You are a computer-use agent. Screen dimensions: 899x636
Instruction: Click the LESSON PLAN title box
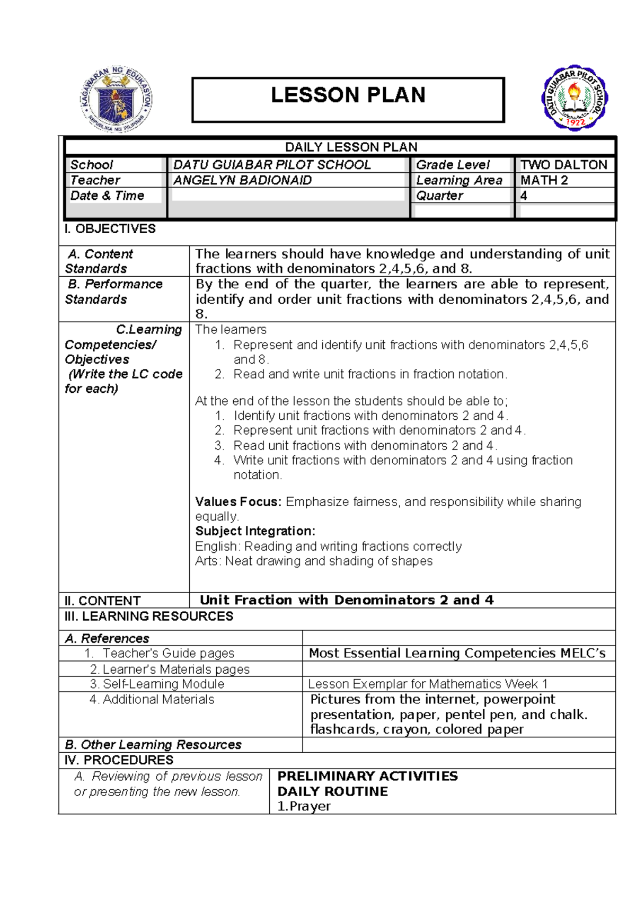[x=348, y=100]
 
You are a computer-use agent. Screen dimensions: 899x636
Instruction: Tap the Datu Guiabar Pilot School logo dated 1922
[x=575, y=99]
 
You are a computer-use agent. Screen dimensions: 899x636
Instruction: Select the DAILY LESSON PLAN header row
[x=351, y=147]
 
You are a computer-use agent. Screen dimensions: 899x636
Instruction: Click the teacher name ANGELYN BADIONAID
[x=242, y=180]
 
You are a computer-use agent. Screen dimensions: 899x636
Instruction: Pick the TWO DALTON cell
[x=563, y=165]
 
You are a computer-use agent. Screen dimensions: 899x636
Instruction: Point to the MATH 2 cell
[x=544, y=180]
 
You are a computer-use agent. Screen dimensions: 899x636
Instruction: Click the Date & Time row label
[x=107, y=196]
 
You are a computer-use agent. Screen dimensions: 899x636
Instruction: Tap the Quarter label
[x=439, y=196]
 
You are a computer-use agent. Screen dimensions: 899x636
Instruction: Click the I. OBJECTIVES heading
[x=110, y=229]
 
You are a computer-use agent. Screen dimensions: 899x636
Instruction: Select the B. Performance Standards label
[x=113, y=292]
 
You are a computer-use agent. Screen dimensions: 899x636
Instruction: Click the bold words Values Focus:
[x=238, y=501]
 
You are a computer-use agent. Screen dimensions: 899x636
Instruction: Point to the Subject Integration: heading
[x=255, y=531]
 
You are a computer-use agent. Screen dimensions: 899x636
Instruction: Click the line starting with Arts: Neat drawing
[x=314, y=561]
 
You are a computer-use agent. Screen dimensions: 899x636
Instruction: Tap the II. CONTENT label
[x=102, y=601]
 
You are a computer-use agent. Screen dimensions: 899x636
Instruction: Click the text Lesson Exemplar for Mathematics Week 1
[x=428, y=684]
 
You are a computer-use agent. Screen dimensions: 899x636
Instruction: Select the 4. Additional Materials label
[x=152, y=699]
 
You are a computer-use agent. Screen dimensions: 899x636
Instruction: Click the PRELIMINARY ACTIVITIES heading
[x=367, y=776]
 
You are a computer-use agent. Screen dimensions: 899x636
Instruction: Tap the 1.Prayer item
[x=304, y=806]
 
